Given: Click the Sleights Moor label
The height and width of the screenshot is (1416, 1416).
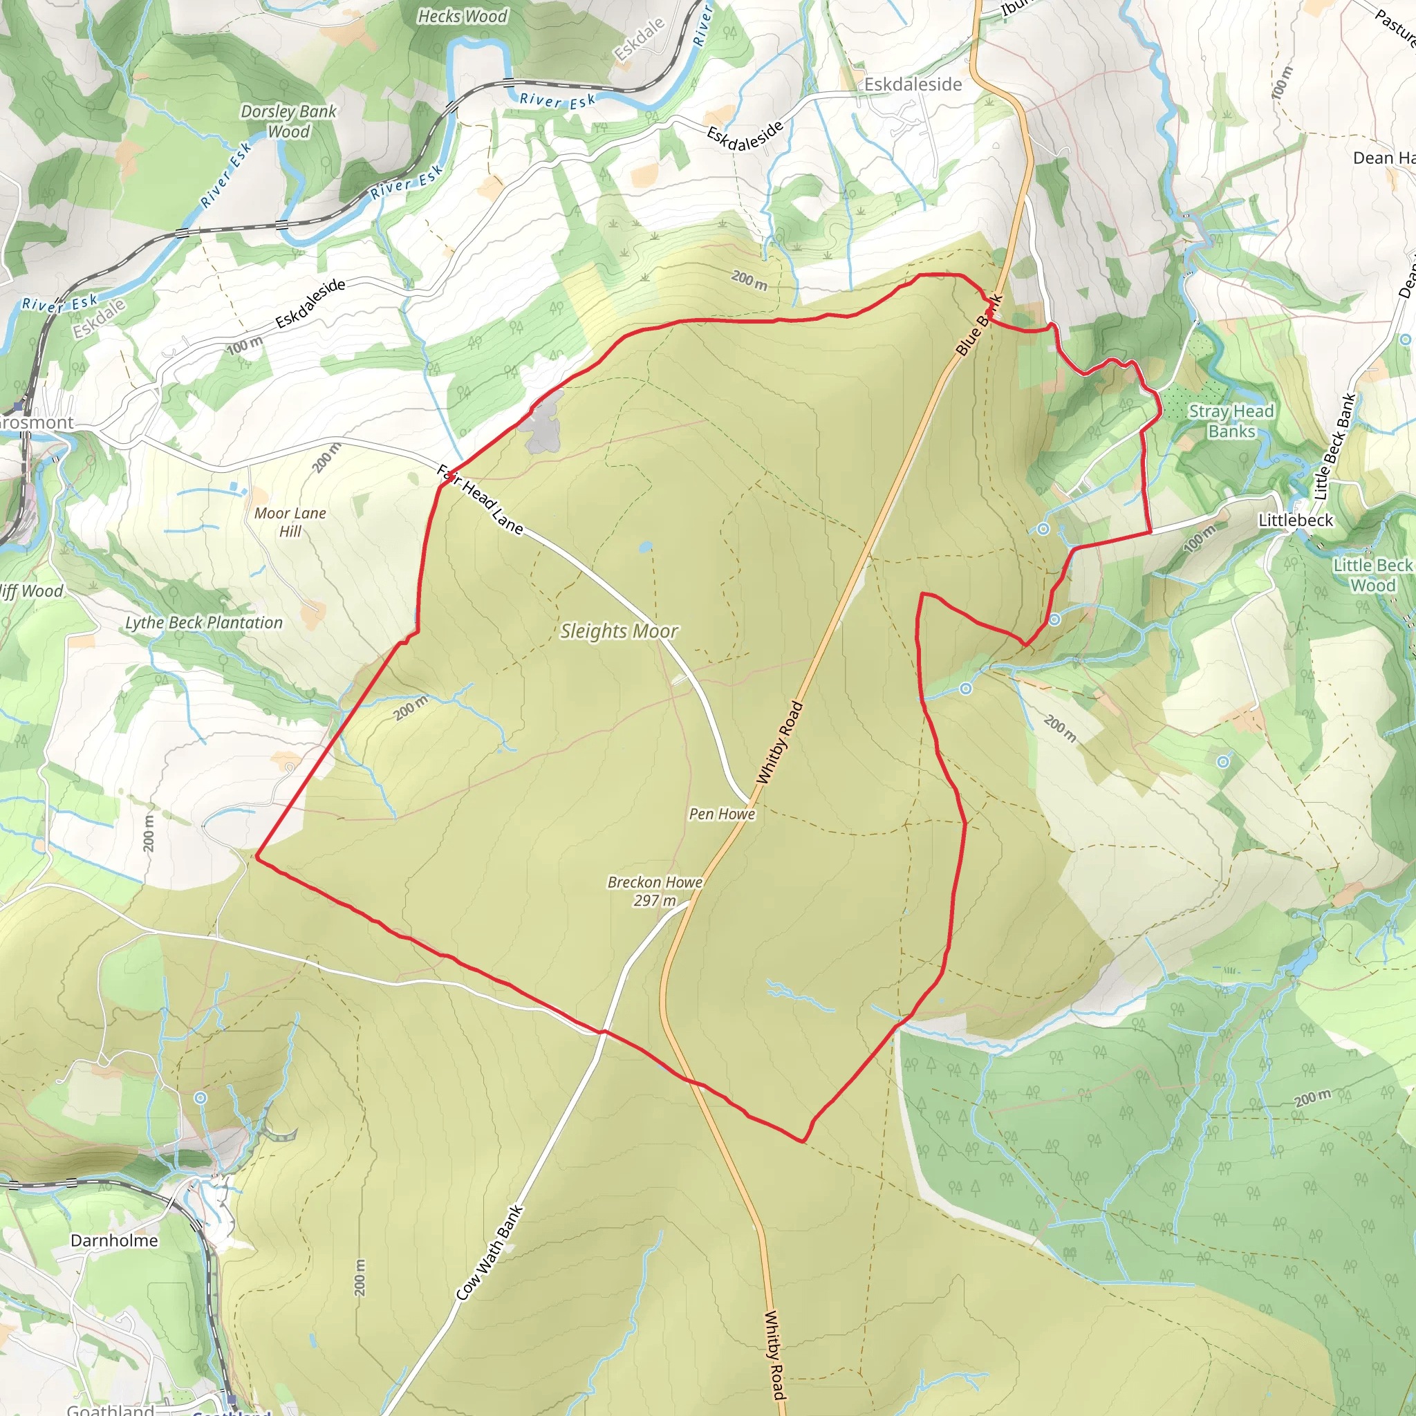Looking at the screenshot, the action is pos(619,631).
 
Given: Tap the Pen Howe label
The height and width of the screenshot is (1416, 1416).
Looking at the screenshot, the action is pos(721,814).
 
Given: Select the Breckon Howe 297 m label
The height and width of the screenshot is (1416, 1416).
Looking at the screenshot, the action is pos(655,891).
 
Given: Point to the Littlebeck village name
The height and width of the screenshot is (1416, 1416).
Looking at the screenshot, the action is pos(1296,520).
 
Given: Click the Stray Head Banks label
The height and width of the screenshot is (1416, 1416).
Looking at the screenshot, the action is pos(1231,420).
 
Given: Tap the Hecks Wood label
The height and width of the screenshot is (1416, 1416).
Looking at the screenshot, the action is pos(462,16).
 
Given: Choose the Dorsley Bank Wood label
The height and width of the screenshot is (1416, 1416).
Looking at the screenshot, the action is pos(288,121).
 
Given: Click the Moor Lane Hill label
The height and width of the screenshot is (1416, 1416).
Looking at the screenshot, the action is pos(290,522).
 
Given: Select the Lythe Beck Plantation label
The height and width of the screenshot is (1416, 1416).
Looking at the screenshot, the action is pos(204,622).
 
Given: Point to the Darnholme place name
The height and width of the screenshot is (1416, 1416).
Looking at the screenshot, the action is pos(114,1240).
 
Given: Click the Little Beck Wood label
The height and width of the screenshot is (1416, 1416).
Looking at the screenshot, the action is pos(1372,575).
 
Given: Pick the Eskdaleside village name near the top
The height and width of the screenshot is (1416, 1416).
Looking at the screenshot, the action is pos(913,84).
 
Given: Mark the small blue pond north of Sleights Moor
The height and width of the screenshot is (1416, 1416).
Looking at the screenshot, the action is pos(645,547).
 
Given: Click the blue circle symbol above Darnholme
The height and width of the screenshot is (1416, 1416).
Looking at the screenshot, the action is pos(201,1097).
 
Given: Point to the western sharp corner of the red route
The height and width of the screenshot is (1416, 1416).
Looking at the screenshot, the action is pos(257,855).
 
